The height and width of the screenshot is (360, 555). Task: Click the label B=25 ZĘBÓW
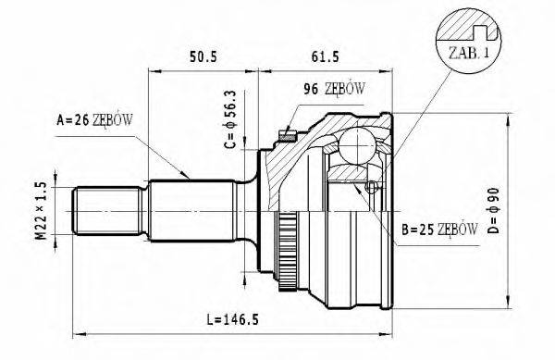pos(439,228)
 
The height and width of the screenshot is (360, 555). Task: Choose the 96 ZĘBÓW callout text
pos(334,89)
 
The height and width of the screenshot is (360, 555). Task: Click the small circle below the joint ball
pos(372,188)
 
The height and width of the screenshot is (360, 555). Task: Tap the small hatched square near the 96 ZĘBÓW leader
pos(287,138)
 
